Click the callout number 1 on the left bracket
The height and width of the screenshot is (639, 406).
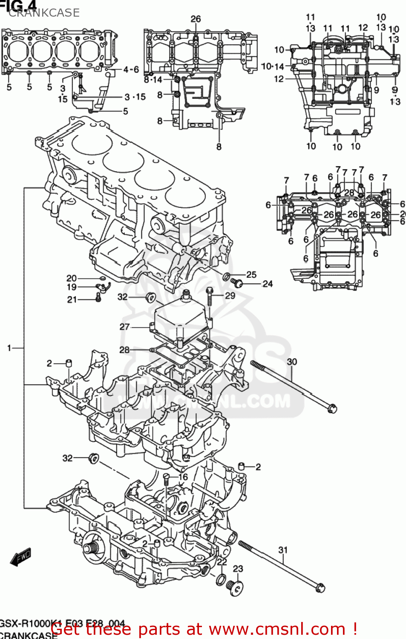(x=9, y=348)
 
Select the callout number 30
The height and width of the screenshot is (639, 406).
(x=292, y=362)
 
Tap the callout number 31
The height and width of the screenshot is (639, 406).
(x=283, y=550)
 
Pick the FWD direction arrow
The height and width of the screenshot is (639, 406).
(x=21, y=557)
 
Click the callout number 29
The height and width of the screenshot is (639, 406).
(x=230, y=295)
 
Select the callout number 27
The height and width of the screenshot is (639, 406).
(x=124, y=327)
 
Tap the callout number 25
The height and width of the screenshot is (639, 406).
(x=251, y=275)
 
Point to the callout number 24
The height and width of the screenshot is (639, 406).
(x=268, y=284)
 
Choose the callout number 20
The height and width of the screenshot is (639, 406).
(x=72, y=278)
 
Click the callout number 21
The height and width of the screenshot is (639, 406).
(x=72, y=299)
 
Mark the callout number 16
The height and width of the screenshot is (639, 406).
(x=183, y=477)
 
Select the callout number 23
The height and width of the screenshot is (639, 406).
(x=238, y=568)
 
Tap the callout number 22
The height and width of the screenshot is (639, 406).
(x=222, y=562)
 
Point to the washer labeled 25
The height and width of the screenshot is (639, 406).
(x=227, y=277)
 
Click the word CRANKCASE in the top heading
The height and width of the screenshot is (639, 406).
(x=44, y=13)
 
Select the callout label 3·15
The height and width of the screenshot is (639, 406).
(x=135, y=97)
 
